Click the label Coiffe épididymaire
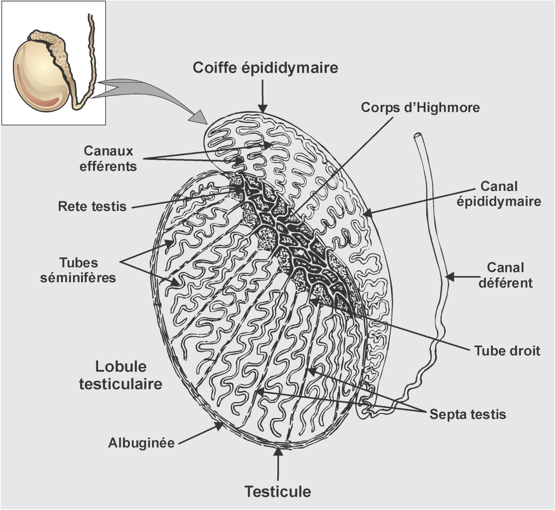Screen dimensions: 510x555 coord(265,68)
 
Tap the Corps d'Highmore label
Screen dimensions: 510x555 coord(420,108)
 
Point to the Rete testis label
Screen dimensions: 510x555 coord(92,206)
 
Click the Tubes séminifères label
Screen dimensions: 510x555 coord(78,270)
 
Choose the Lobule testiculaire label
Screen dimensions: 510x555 coord(121,375)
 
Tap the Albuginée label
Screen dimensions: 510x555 coord(141,443)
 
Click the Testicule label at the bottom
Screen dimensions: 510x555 coord(278,491)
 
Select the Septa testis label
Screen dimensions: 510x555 coord(467,414)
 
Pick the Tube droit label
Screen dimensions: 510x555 coord(507,351)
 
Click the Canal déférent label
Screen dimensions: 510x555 coord(505,275)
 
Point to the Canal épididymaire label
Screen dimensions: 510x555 coord(499,194)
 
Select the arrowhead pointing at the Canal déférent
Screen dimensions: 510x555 coord(451,277)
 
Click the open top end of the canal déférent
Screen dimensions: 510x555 coord(418,136)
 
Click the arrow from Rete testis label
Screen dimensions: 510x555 coord(184,198)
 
